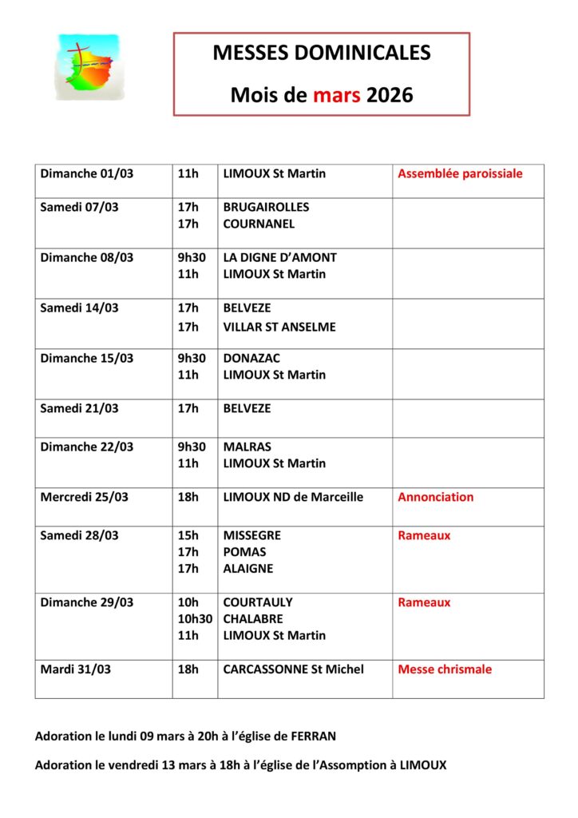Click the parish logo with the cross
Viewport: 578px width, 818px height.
point(87,66)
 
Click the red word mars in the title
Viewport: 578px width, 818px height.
point(337,96)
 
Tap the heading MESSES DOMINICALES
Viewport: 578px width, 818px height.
point(322,54)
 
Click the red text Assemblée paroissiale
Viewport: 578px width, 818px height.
point(460,173)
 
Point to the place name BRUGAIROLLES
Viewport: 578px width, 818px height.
point(266,207)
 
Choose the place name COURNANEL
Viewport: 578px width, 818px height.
point(259,224)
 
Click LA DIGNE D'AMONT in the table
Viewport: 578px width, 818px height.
point(279,257)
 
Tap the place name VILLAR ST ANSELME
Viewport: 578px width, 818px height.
point(279,327)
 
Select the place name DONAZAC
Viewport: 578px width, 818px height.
point(251,358)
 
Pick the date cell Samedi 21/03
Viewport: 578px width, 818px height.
point(79,408)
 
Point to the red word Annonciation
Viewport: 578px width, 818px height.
point(435,497)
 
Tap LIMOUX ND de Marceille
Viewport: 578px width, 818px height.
point(293,497)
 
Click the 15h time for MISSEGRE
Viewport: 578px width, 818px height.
point(188,535)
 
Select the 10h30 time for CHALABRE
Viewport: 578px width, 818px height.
point(195,618)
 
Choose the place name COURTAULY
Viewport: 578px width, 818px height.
point(258,602)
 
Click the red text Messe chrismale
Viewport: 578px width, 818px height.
point(445,669)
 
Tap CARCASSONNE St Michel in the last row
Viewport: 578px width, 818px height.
point(293,669)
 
